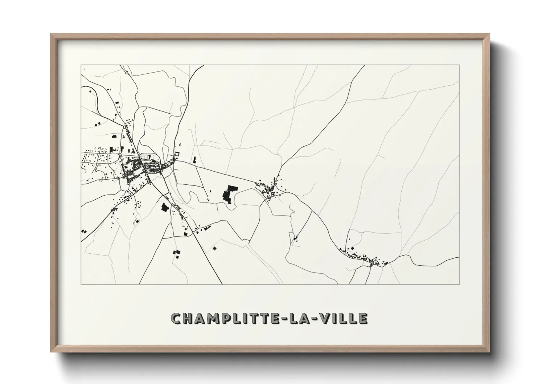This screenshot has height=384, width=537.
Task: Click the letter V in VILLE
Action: [324, 318]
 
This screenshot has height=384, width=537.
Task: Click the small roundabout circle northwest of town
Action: [125, 127]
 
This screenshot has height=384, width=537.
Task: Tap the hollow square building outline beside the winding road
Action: [177, 154]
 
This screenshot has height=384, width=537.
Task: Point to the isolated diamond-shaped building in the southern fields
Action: [214, 248]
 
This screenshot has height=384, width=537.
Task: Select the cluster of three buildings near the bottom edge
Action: [176, 253]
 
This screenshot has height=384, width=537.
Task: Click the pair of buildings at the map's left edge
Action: [84, 231]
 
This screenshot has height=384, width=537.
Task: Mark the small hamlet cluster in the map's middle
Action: [270, 189]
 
